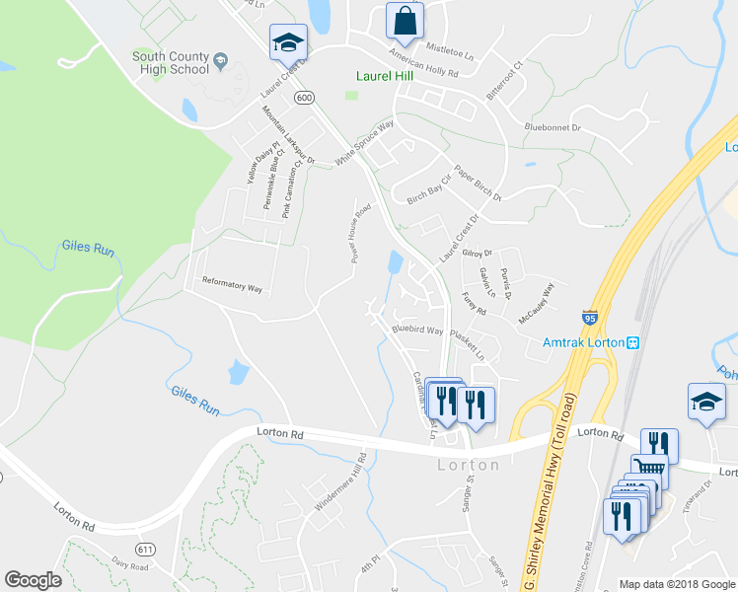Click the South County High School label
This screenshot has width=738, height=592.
(171, 63)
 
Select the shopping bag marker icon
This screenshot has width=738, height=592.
(405, 20)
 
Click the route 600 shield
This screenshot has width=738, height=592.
(304, 97)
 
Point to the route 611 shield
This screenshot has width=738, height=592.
(146, 549)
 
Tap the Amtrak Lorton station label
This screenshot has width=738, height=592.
(584, 342)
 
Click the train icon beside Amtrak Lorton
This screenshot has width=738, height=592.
(634, 342)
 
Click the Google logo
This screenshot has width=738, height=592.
(33, 580)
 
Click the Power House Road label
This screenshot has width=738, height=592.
(359, 234)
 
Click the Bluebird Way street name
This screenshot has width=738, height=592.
(416, 330)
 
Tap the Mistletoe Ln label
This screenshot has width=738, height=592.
(450, 47)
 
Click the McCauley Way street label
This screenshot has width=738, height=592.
(537, 302)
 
